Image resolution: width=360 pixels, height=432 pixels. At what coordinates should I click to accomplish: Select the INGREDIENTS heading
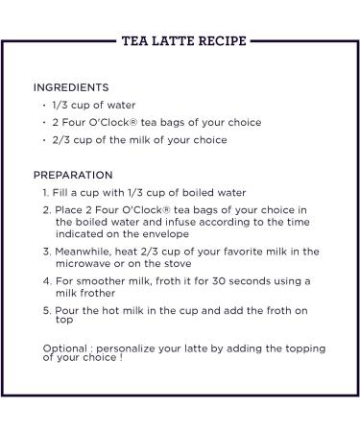pos(71,87)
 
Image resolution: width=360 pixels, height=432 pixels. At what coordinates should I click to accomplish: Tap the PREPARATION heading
pos(73,175)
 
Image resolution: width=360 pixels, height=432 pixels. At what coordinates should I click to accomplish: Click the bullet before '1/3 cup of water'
pos(45,105)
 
